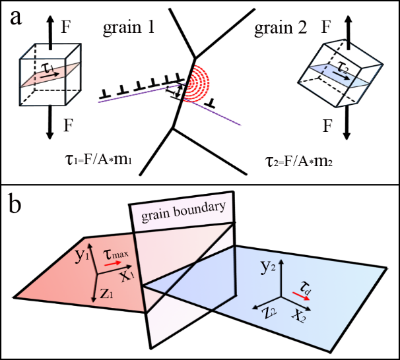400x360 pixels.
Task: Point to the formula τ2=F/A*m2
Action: (290, 162)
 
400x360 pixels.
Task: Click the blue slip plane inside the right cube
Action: (339, 78)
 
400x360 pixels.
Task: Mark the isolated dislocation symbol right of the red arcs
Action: (210, 104)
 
